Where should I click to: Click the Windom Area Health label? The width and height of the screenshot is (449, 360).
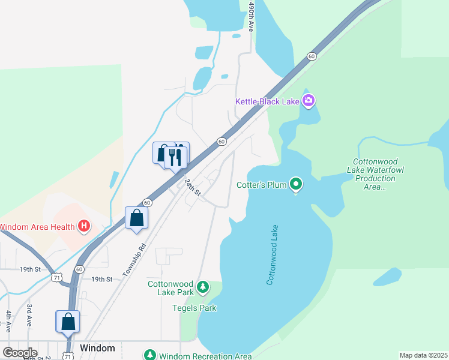pos(37,226)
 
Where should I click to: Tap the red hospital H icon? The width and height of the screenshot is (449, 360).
pos(84,226)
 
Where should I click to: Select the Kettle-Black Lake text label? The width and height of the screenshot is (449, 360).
pos(267,101)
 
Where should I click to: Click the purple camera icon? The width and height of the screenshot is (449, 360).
pos(309,101)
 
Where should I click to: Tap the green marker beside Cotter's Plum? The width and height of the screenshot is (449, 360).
pos(295,184)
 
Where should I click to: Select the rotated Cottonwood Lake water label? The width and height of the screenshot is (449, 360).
pos(273,254)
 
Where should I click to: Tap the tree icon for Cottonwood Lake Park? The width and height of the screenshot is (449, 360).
pos(203,287)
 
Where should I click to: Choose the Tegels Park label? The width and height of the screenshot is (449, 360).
pos(194,308)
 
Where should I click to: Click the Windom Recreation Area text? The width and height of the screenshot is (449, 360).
pos(205,356)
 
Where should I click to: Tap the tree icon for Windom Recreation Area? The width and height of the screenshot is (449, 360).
pos(149,355)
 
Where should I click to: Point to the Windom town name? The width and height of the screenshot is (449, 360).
pos(97,348)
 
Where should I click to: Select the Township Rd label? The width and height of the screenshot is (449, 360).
pos(134,259)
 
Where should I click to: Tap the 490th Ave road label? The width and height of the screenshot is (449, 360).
pos(252,17)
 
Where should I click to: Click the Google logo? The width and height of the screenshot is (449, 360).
pos(20,352)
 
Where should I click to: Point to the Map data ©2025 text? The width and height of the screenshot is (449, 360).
pos(424,355)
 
